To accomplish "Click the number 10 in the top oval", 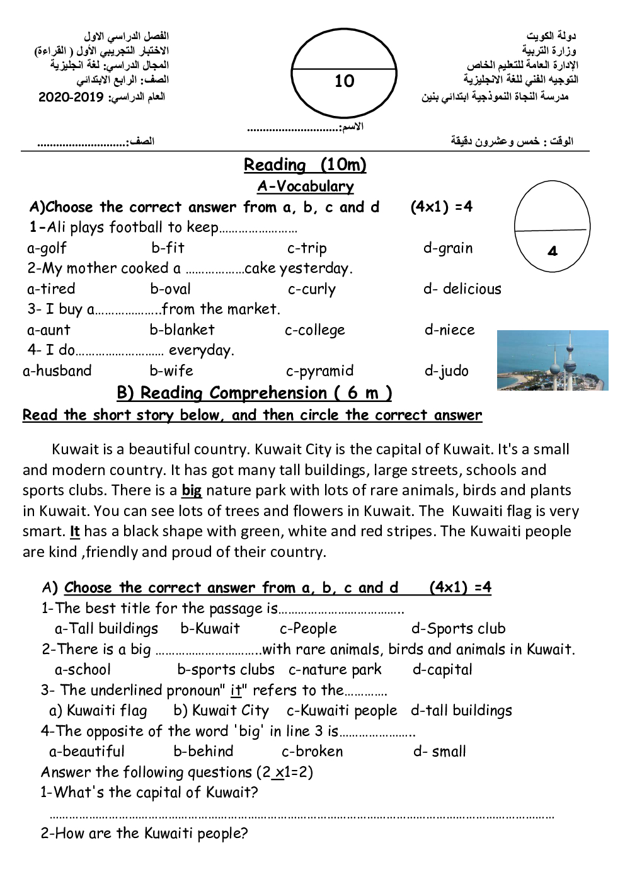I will click(345, 81).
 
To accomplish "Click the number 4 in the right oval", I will click(553, 251).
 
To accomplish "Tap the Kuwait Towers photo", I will click(553, 360).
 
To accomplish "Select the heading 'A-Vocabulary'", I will click(305, 187).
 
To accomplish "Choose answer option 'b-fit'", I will click(168, 248).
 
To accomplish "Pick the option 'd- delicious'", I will click(462, 289).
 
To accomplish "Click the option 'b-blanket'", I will click(182, 330).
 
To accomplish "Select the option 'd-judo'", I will click(446, 370).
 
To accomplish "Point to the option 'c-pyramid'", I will click(319, 370).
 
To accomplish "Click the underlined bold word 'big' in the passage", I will click(192, 490).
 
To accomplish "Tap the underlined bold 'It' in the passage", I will click(74, 531).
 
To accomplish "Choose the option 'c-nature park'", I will click(335, 669).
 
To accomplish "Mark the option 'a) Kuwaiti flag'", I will click(98, 711).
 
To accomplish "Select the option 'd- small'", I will click(440, 751).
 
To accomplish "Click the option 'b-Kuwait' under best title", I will click(210, 628).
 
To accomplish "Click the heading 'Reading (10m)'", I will click(305, 165).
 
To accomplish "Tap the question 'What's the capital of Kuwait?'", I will click(149, 792).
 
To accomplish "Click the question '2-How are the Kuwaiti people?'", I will click(144, 833).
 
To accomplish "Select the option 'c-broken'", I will click(312, 751).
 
